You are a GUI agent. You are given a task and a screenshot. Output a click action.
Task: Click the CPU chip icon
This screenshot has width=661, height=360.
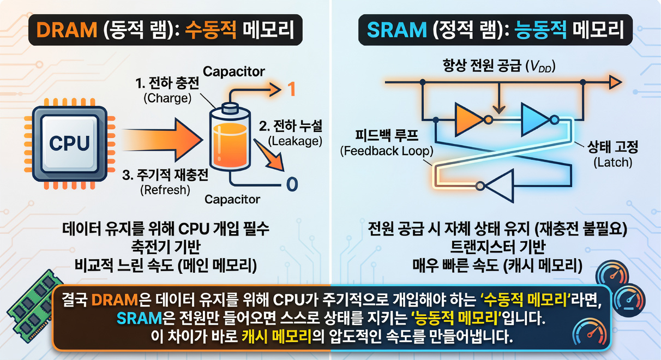[x=70, y=143]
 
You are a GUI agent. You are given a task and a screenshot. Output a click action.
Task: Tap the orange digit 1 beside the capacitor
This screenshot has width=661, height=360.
[x=291, y=89]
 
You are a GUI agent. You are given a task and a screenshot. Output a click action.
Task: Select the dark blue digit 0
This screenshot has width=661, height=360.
[x=292, y=184]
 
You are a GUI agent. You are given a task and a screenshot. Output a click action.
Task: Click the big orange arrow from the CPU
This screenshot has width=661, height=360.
[x=163, y=140]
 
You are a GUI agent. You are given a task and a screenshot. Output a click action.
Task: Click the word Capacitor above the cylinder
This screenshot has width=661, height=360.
[x=234, y=71]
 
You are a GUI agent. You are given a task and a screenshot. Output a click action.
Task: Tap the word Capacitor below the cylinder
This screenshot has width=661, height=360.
[x=232, y=200]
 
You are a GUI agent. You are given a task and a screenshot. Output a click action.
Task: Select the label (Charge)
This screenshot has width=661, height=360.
[x=167, y=98]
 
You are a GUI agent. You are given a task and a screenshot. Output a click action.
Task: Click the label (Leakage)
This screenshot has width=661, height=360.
[x=295, y=141]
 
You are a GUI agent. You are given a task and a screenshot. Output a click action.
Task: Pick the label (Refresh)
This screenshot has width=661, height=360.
[x=165, y=190]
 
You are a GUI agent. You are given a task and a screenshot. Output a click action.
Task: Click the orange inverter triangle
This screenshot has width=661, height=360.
[x=470, y=119]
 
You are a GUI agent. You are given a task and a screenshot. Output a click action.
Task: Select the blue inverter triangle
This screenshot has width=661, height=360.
[x=536, y=119]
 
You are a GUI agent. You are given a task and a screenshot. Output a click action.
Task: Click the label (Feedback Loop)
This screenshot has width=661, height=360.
[x=387, y=151]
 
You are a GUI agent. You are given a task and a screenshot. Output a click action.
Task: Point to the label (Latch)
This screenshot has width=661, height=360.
[x=612, y=163]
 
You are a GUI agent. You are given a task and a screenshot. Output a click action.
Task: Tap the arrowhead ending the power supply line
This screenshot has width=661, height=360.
[x=616, y=82]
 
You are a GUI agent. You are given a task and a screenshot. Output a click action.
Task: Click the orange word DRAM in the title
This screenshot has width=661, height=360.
[x=67, y=30]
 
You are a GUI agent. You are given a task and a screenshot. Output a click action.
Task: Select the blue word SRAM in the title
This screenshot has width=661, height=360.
[x=396, y=30]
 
